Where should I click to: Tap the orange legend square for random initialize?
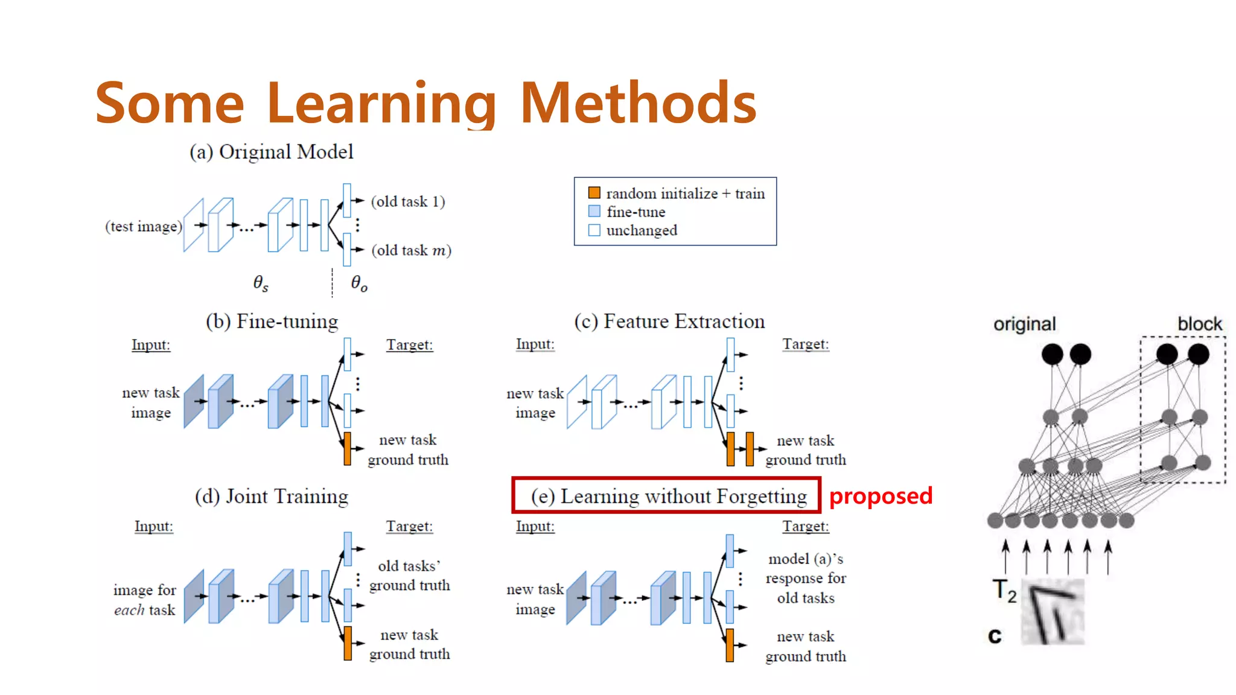pyautogui.click(x=594, y=192)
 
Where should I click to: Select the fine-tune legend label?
pyautogui.click(x=636, y=212)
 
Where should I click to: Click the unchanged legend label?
pyautogui.click(x=642, y=230)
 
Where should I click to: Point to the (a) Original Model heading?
pyautogui.click(x=272, y=151)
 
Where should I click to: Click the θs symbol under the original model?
pyautogui.click(x=261, y=282)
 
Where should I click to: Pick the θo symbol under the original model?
pyautogui.click(x=359, y=282)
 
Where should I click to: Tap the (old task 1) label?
pyautogui.click(x=408, y=202)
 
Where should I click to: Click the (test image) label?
pyautogui.click(x=144, y=226)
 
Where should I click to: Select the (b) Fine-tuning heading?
pyautogui.click(x=272, y=321)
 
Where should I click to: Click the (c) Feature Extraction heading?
pyautogui.click(x=669, y=321)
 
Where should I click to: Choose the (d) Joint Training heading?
pyautogui.click(x=272, y=496)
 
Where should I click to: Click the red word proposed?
pyautogui.click(x=881, y=496)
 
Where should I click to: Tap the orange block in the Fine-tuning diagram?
pyautogui.click(x=347, y=448)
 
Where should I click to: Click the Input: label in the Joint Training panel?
pyautogui.click(x=153, y=526)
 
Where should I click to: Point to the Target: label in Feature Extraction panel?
pyautogui.click(x=805, y=344)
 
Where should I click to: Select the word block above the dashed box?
pyautogui.click(x=1199, y=324)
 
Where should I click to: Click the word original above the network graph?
pyautogui.click(x=1024, y=324)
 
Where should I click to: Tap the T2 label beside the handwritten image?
pyautogui.click(x=1004, y=590)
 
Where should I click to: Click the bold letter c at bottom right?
pyautogui.click(x=994, y=635)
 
